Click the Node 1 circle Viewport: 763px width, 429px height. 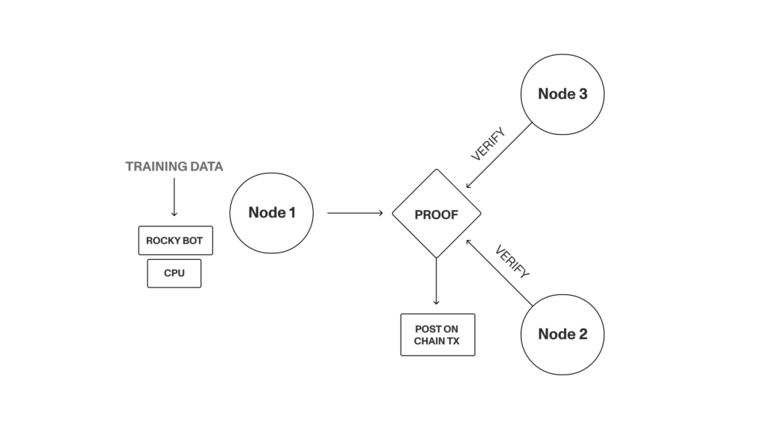272,213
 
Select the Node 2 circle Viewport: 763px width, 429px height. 563,334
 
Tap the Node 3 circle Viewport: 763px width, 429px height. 563,94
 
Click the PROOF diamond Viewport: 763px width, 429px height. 436,214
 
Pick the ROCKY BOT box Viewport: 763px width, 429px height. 175,241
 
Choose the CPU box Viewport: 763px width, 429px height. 174,273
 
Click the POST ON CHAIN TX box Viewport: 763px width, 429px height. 437,334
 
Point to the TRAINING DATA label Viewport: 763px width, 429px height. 174,167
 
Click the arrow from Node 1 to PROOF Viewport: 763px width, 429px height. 355,213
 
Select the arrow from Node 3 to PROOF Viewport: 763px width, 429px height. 499,156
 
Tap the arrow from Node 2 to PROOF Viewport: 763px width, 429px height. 498,273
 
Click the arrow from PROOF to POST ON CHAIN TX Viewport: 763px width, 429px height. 436,282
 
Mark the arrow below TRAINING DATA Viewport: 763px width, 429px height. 174,198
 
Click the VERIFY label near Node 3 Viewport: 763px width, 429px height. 488,144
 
